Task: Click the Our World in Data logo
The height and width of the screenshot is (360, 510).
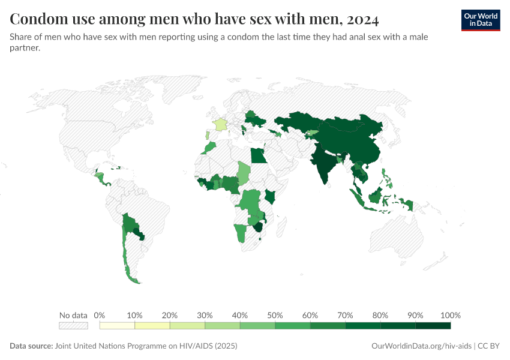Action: pyautogui.click(x=480, y=20)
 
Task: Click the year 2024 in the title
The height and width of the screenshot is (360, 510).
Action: pyautogui.click(x=362, y=20)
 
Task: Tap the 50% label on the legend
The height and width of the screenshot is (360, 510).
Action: pyautogui.click(x=275, y=315)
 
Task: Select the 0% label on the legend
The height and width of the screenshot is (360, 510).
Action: pyautogui.click(x=100, y=315)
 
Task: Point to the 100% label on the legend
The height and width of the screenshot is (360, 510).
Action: pyautogui.click(x=450, y=315)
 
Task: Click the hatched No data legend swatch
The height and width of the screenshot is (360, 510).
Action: pyautogui.click(x=73, y=326)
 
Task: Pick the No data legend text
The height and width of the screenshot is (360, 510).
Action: pyautogui.click(x=73, y=315)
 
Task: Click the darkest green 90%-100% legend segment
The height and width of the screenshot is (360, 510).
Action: pyautogui.click(x=433, y=326)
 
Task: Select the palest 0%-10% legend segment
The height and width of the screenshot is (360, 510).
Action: pyautogui.click(x=117, y=326)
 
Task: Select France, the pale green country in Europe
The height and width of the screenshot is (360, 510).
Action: pyautogui.click(x=221, y=125)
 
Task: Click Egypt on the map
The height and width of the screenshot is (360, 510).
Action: pyautogui.click(x=258, y=156)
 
